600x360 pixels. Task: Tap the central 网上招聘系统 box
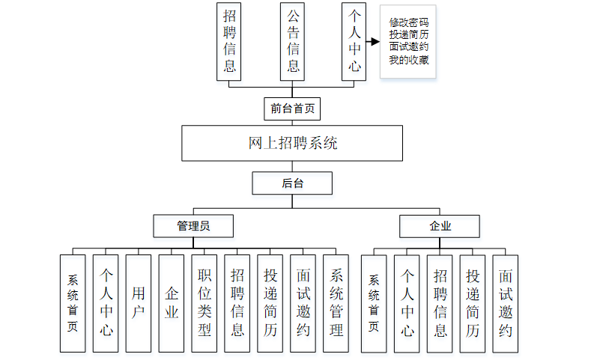coord(292,143)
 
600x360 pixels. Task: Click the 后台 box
coord(292,183)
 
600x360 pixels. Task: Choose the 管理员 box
coord(193,225)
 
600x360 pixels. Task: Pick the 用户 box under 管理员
coord(139,303)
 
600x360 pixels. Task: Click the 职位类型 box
coord(204,303)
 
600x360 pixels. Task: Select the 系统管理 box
coord(336,303)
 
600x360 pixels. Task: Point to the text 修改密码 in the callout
coord(409,22)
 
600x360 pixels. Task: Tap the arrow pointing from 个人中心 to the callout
coord(373,42)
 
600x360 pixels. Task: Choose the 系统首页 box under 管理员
coord(73,303)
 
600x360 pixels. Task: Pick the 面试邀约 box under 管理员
coord(303,303)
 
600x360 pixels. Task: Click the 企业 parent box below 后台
coord(440,225)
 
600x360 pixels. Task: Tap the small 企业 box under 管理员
coord(172,303)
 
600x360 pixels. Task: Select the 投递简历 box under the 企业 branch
coord(473,303)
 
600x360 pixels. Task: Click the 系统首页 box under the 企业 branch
coord(374,303)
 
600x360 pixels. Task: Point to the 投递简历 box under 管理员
coord(270,303)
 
